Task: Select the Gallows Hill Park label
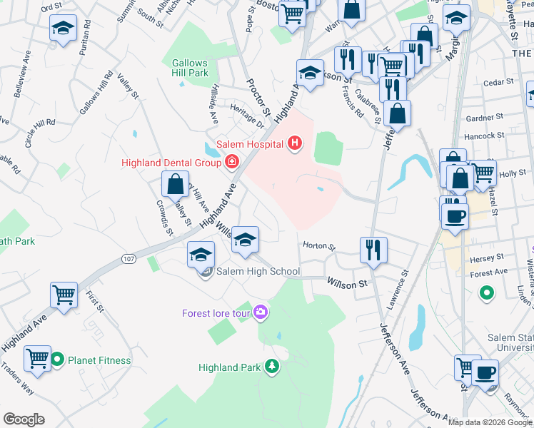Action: (189, 68)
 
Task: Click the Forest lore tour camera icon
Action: (261, 312)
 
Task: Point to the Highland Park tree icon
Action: (271, 367)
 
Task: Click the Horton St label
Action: (319, 245)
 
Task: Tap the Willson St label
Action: (347, 284)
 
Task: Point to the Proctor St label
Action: (258, 97)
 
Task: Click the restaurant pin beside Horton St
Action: (373, 250)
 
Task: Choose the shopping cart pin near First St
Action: (64, 295)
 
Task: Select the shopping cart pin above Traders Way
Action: (37, 358)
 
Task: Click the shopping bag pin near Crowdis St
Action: (176, 185)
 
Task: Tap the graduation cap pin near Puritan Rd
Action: (63, 29)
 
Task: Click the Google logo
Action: (24, 419)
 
